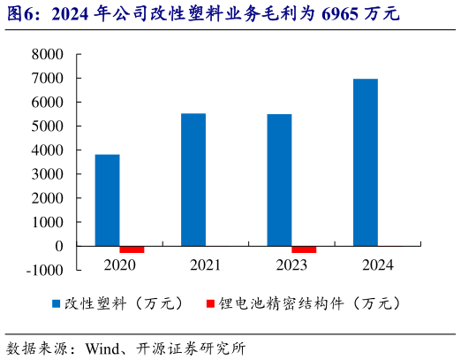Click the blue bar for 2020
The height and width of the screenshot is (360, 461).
tap(108, 200)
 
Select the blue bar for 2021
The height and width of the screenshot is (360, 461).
tap(193, 180)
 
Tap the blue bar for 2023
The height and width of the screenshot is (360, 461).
tap(279, 180)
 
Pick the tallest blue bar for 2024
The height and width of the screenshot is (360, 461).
tap(366, 162)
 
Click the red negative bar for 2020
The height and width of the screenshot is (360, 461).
tap(132, 249)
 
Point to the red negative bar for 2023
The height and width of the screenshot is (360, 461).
tap(304, 249)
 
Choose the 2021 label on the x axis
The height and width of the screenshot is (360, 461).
tap(206, 264)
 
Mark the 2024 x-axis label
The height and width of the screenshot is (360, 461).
tap(378, 264)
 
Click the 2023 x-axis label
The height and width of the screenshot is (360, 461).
tap(291, 264)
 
